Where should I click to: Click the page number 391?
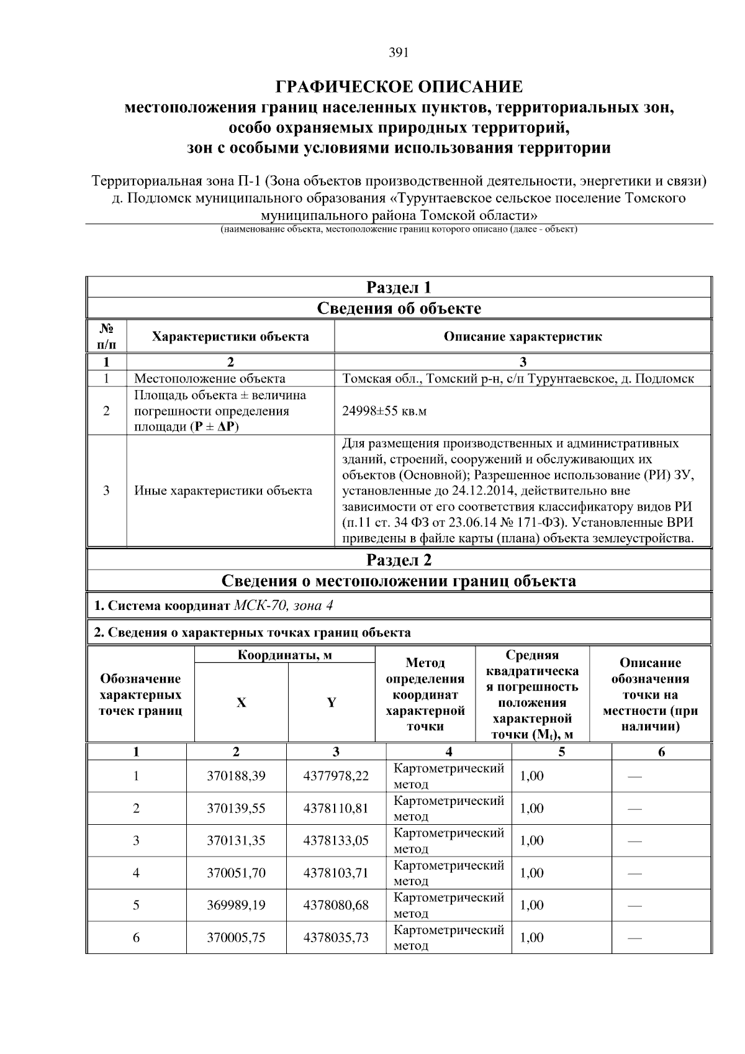[399, 53]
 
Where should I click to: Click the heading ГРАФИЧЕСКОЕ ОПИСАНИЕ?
[399, 86]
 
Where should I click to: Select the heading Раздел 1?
[399, 288]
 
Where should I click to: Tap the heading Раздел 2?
[399, 560]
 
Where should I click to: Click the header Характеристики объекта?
[230, 337]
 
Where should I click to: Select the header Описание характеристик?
[522, 337]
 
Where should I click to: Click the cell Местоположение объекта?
[210, 379]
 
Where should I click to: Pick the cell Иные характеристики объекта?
[223, 491]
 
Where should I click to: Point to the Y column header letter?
[332, 702]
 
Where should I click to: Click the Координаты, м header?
[285, 655]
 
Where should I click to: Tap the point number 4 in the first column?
[136, 873]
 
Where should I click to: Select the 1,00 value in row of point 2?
[531, 808]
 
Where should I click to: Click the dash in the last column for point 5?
[634, 906]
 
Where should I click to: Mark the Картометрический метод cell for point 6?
[448, 937]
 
